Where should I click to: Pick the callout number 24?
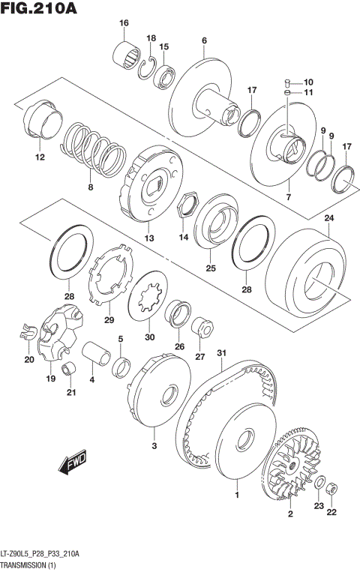(x=328, y=218)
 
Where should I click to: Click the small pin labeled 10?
(x=287, y=82)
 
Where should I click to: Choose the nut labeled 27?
(x=201, y=328)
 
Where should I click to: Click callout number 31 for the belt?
(x=221, y=354)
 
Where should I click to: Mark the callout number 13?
(x=149, y=238)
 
